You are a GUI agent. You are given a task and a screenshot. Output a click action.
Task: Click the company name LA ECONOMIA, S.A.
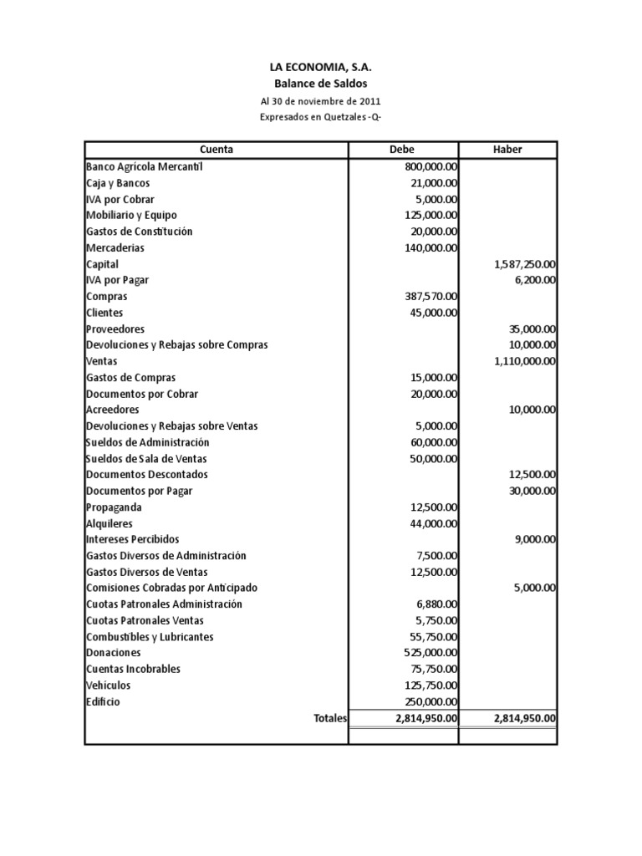[321, 68]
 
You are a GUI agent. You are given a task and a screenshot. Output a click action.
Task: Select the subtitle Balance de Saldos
[321, 84]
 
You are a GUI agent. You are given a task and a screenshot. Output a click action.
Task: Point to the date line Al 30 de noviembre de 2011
[321, 101]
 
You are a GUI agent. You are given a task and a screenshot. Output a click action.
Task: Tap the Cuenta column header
[217, 150]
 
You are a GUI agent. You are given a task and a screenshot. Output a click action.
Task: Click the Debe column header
[402, 150]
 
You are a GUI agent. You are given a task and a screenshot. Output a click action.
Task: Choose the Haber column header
[507, 150]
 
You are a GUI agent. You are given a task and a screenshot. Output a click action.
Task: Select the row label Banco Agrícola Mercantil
[145, 166]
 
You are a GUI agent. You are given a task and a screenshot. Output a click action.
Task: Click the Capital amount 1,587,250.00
[525, 263]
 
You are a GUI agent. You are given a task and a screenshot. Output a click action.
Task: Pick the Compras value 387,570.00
[426, 296]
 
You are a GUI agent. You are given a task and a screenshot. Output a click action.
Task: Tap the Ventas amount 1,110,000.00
[525, 361]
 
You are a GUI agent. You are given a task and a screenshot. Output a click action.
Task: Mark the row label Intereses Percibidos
[132, 539]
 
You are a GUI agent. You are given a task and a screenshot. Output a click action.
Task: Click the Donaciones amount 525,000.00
[426, 652]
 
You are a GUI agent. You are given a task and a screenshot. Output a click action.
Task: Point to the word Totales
[330, 718]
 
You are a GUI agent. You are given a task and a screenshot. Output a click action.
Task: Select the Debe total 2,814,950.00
[415, 718]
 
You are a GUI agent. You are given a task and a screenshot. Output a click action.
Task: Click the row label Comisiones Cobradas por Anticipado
[171, 588]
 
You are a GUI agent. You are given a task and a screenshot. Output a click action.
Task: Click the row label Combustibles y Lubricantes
[150, 636]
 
